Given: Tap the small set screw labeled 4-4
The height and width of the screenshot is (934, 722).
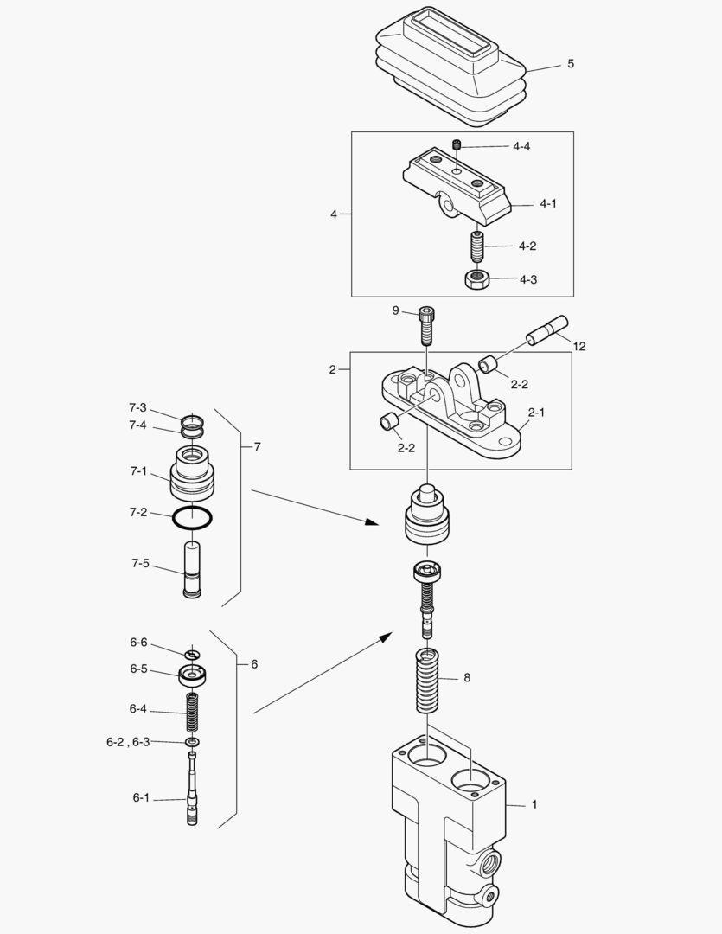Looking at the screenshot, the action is (457, 144).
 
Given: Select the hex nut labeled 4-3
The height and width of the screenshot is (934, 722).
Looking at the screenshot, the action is (476, 279).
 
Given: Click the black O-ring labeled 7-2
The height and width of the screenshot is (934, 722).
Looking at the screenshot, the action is (193, 518).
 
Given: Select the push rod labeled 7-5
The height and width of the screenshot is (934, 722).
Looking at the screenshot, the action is (193, 569).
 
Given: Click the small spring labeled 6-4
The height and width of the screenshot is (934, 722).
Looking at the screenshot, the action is (193, 713).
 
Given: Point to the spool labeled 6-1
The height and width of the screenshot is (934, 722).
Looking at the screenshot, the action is (193, 789).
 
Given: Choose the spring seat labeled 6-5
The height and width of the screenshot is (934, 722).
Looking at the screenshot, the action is (193, 675).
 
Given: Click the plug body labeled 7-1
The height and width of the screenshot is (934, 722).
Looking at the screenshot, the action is (192, 474).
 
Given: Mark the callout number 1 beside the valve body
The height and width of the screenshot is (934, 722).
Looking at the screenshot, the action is (534, 804).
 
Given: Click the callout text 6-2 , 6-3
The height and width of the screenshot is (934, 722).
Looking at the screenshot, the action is (128, 742).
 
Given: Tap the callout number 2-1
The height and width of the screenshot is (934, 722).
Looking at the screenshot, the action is (536, 413).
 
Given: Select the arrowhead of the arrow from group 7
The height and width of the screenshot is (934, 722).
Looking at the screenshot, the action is (372, 521).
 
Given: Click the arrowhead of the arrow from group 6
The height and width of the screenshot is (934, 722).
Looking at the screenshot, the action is (385, 637).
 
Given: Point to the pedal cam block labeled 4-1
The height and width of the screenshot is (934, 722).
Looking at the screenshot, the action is (457, 187).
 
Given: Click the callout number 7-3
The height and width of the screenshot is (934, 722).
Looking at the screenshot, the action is (137, 408).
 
